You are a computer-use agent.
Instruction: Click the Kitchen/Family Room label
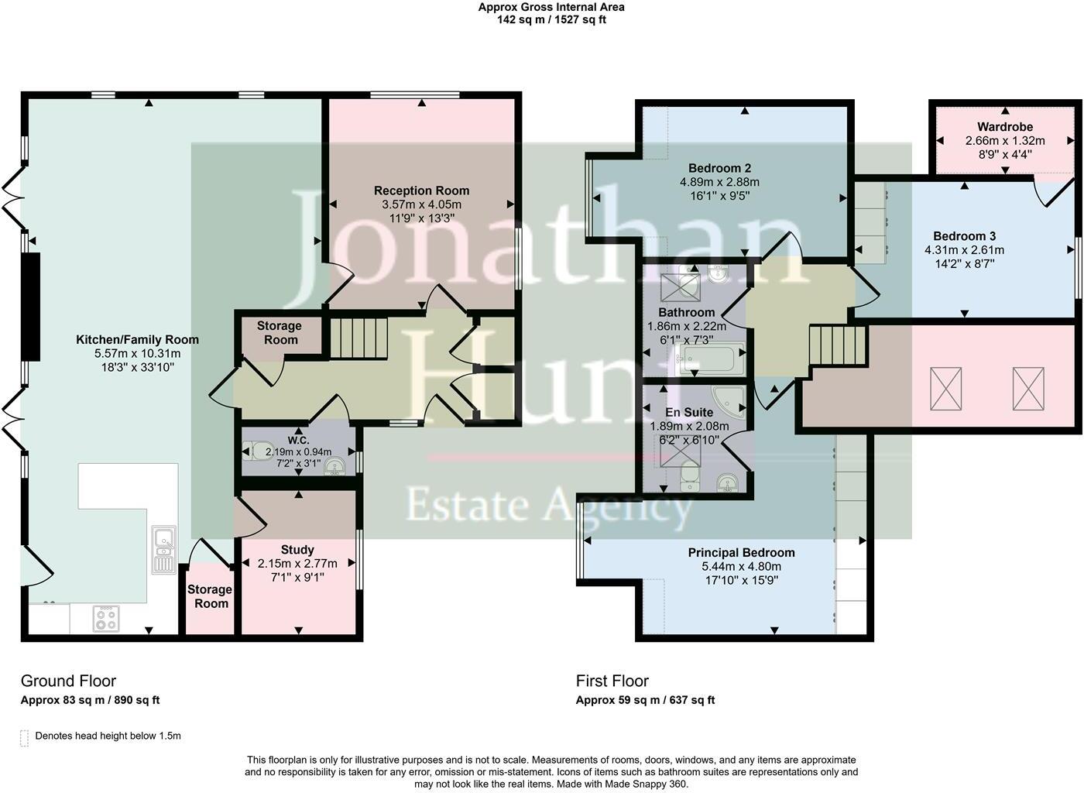137,339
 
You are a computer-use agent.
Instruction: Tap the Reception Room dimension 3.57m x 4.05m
421,204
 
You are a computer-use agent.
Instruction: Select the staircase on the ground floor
358,338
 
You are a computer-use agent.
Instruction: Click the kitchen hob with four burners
106,617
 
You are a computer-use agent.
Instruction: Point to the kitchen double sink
163,549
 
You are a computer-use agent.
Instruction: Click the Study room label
297,550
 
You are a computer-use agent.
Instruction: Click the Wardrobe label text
1004,127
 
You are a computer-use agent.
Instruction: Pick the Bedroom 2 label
719,168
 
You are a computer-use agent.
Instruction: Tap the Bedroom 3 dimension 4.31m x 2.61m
964,250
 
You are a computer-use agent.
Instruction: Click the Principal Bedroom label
741,553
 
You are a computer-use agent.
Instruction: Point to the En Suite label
688,413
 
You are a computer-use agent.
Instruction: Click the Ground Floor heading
68,681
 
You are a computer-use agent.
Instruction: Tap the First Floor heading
612,681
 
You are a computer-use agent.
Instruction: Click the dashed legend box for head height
24,737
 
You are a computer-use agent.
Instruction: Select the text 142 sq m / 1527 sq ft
551,19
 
